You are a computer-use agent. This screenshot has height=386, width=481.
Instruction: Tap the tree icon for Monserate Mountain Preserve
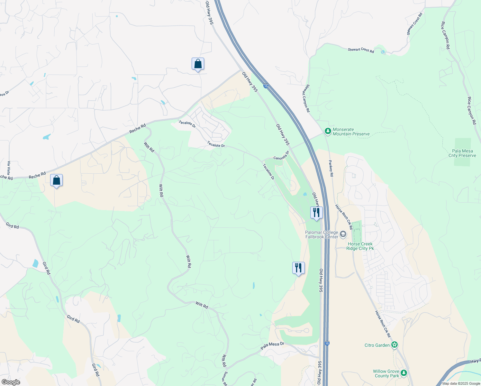[x=328, y=131]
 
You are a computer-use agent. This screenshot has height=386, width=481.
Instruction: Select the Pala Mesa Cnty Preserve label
[x=462, y=153]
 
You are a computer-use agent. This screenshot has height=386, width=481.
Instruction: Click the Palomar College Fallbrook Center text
[x=322, y=235]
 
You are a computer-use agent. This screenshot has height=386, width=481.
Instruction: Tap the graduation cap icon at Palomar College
[x=343, y=234]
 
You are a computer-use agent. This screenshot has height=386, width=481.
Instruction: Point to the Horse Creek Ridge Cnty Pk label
[x=360, y=246]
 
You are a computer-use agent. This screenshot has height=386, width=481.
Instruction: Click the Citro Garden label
[x=377, y=345]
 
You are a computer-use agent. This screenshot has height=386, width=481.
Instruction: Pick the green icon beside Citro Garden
[x=395, y=345]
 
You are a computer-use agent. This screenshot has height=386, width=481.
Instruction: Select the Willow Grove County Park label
[x=386, y=374]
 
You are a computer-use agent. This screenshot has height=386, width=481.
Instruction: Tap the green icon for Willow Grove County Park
[x=404, y=373]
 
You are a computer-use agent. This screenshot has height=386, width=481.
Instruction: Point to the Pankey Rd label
[x=331, y=168]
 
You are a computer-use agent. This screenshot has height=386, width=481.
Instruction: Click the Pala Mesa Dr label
[x=272, y=346]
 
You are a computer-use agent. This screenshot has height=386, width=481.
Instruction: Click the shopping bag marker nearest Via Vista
[x=56, y=181]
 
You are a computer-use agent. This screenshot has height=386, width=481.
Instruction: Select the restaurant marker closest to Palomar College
[x=316, y=213]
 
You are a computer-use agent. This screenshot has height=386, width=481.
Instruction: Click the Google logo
[x=11, y=382]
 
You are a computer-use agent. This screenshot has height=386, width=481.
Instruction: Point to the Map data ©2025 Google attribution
[x=461, y=383]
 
